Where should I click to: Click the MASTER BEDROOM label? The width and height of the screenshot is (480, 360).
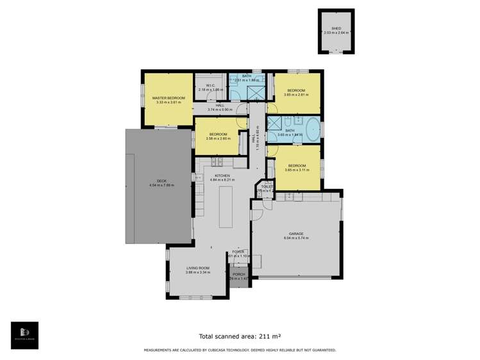click(169, 98)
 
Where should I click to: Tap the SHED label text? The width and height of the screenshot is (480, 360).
click(336, 28)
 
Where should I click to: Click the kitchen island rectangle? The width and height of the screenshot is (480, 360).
click(226, 204)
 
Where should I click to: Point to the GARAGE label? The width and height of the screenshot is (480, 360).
click(295, 234)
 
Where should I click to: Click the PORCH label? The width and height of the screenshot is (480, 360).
click(238, 274)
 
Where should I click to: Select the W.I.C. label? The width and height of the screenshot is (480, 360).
click(210, 85)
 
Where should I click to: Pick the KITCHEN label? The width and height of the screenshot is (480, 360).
click(222, 176)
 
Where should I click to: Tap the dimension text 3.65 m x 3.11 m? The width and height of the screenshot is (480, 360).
click(295, 170)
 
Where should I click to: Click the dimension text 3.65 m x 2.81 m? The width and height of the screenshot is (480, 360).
click(295, 95)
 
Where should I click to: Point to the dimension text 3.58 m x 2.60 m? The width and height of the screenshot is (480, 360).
click(218, 138)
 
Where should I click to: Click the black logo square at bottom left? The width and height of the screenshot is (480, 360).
click(24, 335)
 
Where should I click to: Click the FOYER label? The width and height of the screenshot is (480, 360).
click(238, 252)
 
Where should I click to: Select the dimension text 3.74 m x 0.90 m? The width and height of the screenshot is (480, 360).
click(220, 110)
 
